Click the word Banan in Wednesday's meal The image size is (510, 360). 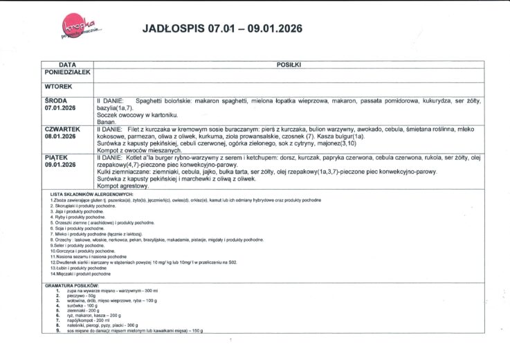pyautogui.click(x=106, y=121)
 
